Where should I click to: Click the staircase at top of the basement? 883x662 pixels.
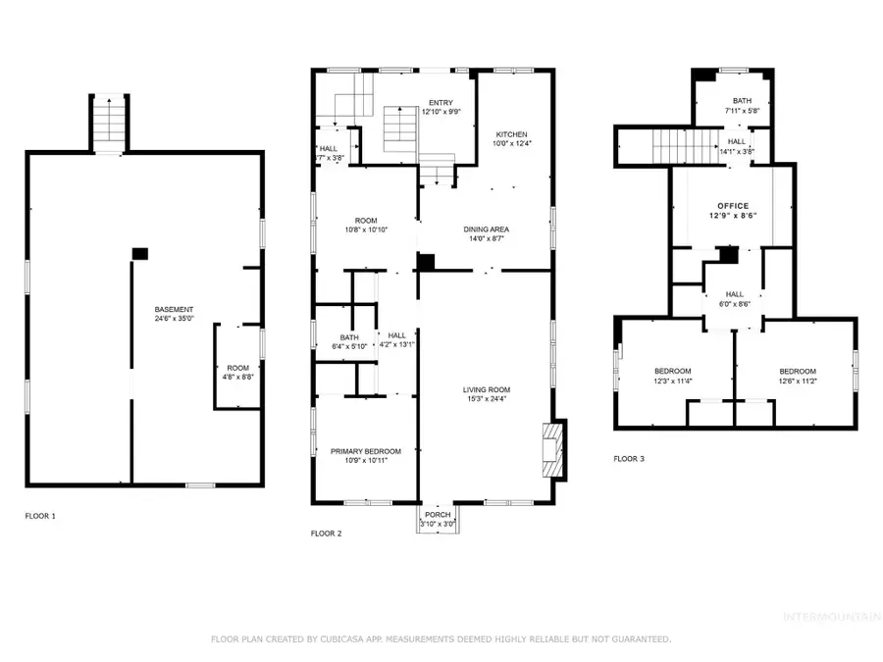(109, 125)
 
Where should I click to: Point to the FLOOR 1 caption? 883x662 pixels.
(40, 515)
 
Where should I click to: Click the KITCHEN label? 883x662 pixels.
(511, 134)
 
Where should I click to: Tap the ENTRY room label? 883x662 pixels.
(440, 102)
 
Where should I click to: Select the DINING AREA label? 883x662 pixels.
(487, 229)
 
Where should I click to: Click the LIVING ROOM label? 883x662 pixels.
(487, 390)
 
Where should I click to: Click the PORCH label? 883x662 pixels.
(438, 515)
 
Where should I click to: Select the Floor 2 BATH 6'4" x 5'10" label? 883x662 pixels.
(349, 336)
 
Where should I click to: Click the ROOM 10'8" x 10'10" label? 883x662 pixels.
(366, 220)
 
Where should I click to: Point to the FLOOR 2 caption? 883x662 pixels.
(326, 534)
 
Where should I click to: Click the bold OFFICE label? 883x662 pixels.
(733, 206)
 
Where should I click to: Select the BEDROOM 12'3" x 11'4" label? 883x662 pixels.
(673, 371)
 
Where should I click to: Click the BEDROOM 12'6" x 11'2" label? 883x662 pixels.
(798, 371)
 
